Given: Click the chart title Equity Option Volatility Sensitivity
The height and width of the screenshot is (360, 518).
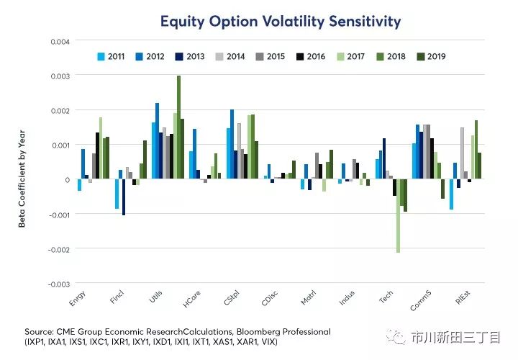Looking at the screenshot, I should point(280,22).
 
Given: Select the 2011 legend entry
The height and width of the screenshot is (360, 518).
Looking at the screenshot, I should point(111,55).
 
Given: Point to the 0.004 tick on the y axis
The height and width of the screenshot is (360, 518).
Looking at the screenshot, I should point(60,41).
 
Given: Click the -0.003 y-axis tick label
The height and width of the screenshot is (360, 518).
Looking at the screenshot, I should point(58,284).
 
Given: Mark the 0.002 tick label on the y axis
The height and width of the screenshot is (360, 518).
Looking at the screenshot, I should point(60,110).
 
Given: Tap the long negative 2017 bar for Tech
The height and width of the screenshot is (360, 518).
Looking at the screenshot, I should point(398,216).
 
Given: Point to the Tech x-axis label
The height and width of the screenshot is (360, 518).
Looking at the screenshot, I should point(387,300).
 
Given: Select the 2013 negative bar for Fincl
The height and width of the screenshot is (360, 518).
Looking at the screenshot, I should point(124,197).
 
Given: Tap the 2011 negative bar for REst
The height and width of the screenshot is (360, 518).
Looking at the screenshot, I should point(451,194).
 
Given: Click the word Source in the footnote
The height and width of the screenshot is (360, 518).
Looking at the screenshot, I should point(39,332).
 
